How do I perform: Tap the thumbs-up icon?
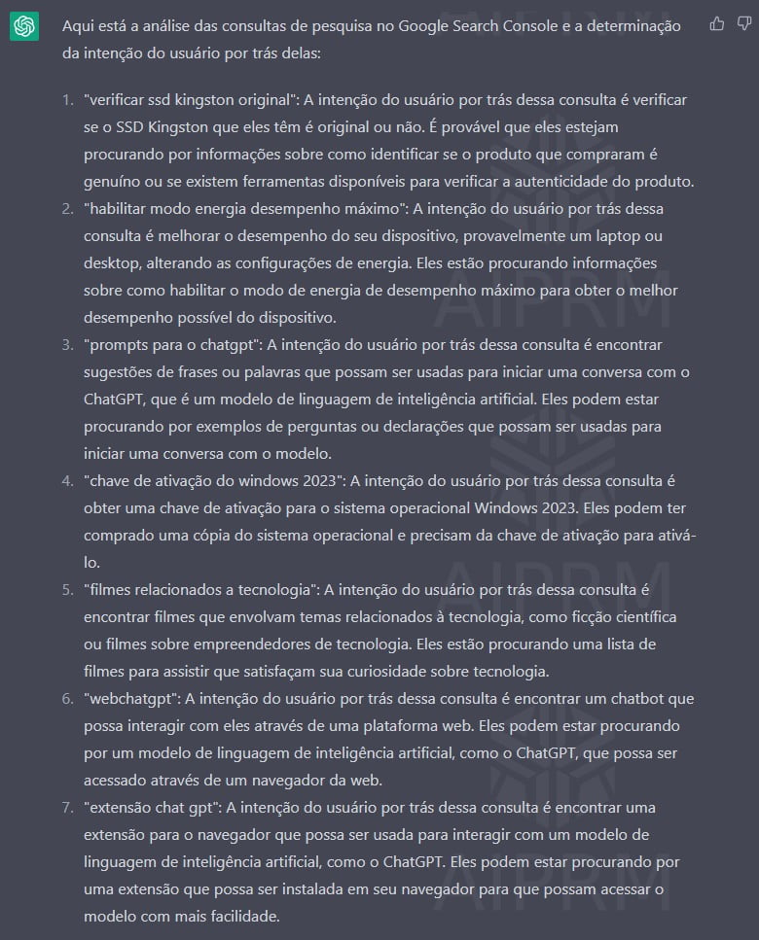[716, 24]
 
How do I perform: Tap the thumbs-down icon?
[742, 24]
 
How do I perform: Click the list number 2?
[67, 209]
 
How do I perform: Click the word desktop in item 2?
[111, 263]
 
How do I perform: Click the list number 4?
[67, 480]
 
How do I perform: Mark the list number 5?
[67, 589]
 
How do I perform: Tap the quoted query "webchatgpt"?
[131, 698]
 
